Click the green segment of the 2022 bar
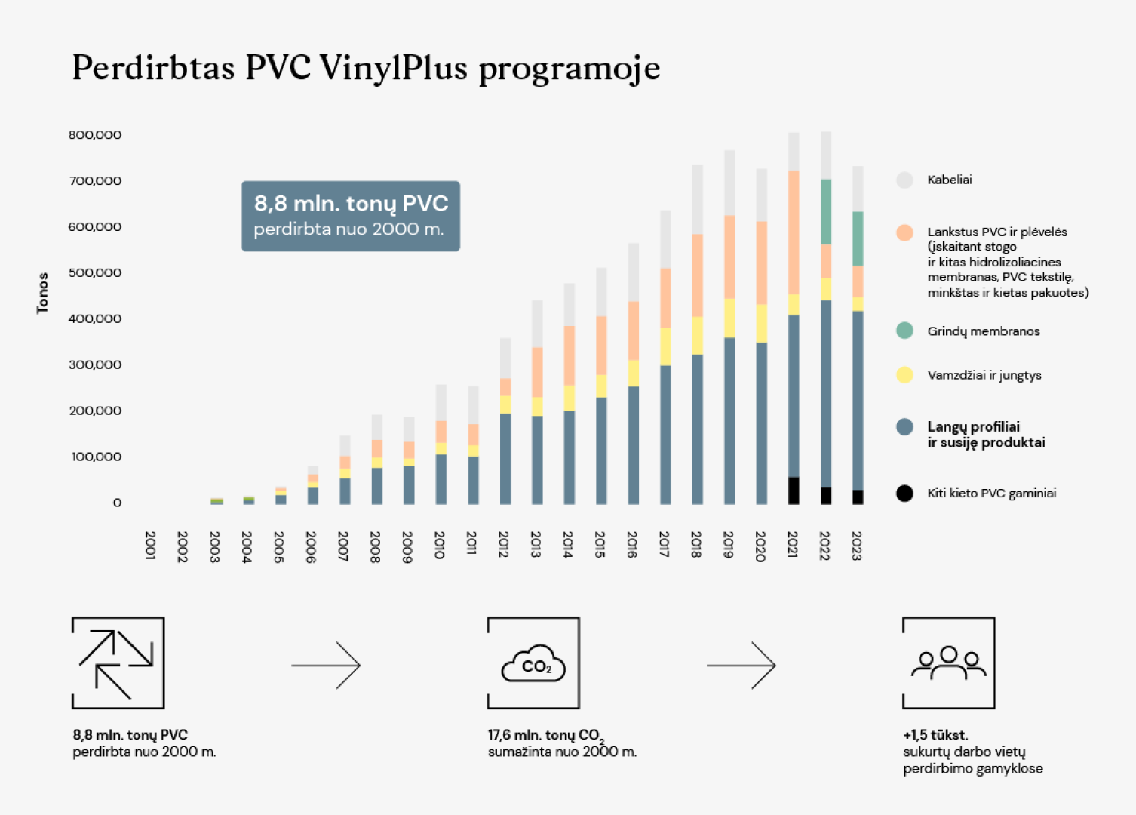point(826,212)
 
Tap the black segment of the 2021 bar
point(794,491)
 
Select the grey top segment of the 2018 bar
point(698,199)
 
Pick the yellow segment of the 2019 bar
point(729,318)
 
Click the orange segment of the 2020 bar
point(762,263)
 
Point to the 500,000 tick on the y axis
point(95,272)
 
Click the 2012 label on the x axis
point(503,544)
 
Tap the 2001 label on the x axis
point(150,544)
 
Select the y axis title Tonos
point(43,293)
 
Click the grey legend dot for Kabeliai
point(904,180)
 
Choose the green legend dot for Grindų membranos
point(904,331)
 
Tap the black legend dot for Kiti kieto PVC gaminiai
point(904,493)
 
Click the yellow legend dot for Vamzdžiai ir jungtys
point(904,375)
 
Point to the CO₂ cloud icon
point(533,664)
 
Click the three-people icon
point(949,663)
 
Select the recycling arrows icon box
point(118,663)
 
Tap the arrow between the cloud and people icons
point(741,666)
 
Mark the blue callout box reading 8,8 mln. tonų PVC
point(351,216)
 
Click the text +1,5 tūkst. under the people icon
point(935,735)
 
